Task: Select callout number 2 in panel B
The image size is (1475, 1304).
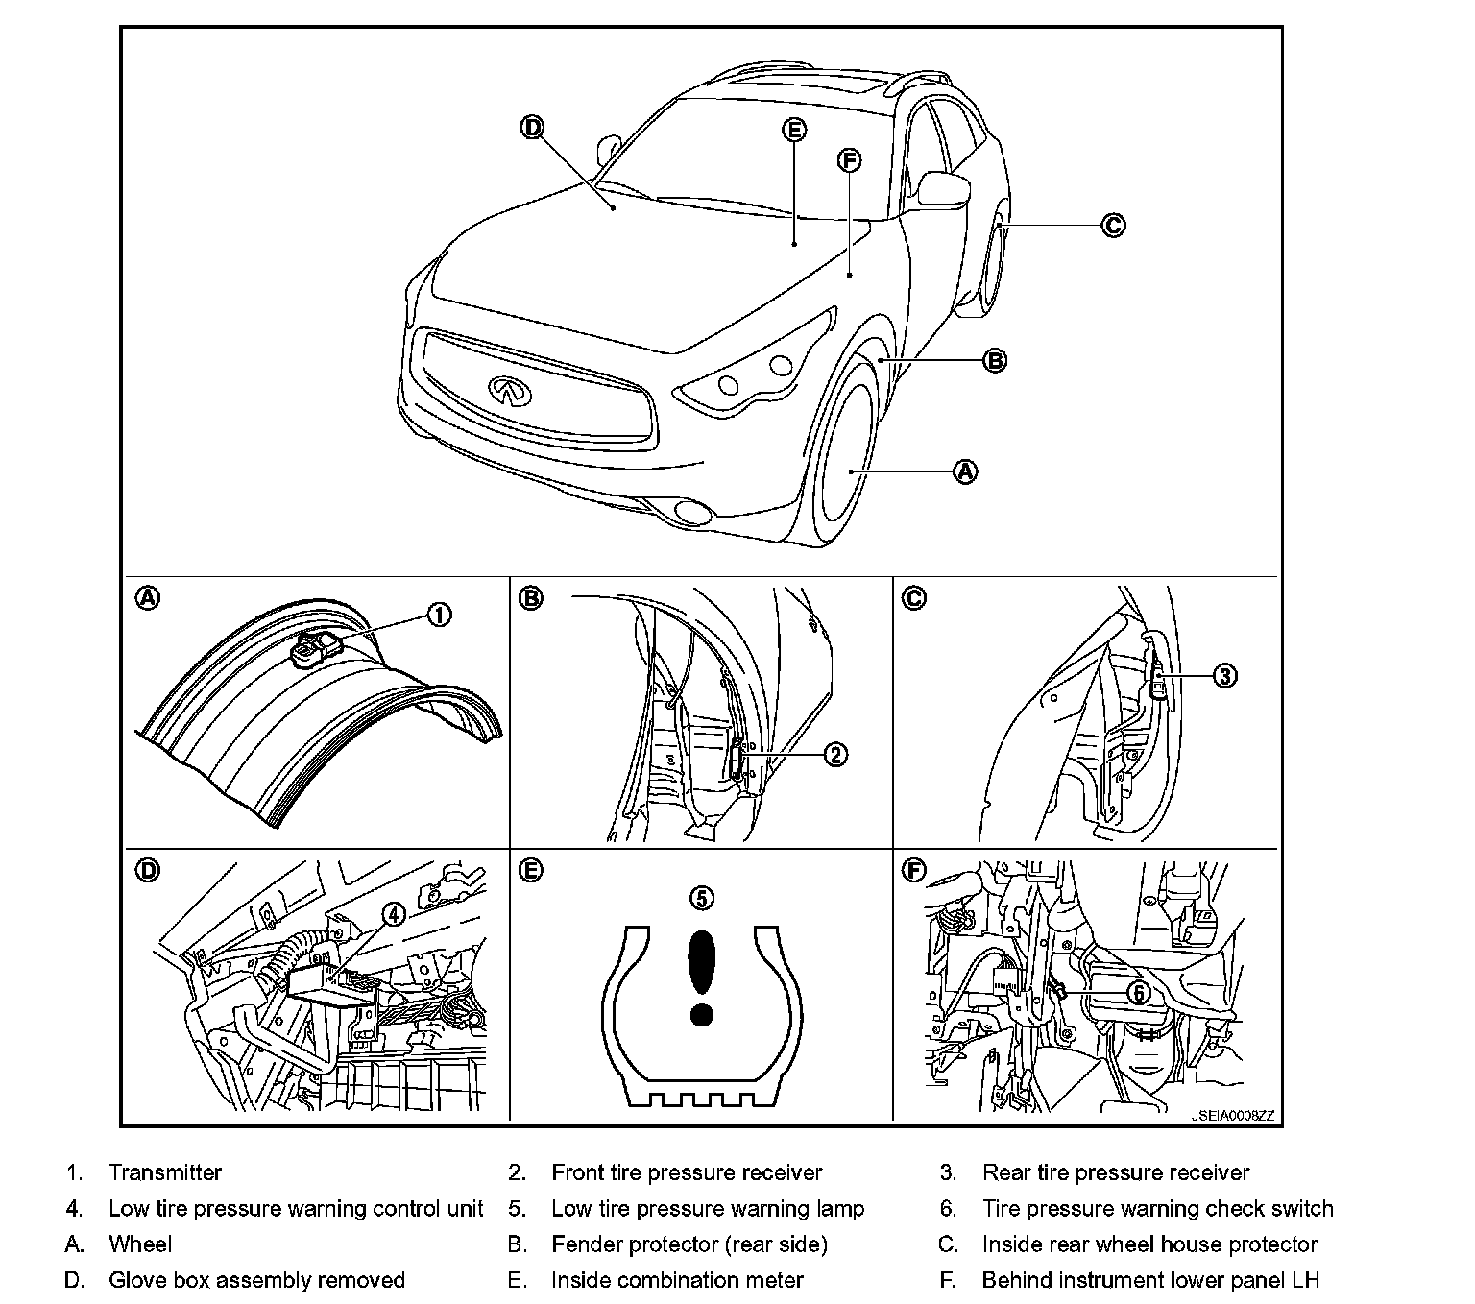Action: pos(835,755)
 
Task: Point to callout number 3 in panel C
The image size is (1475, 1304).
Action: pos(1224,676)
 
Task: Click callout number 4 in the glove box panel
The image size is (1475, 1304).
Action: pos(394,915)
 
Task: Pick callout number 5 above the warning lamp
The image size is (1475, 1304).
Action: pos(702,898)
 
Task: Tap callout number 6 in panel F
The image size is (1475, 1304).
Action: pos(1138,993)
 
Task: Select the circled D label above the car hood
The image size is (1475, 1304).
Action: pos(533,127)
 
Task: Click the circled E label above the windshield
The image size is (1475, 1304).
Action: pos(794,130)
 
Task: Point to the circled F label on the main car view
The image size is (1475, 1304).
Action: pos(849,160)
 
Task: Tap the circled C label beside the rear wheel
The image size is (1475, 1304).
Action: pos(1112,226)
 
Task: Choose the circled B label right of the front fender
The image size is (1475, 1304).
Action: pos(996,361)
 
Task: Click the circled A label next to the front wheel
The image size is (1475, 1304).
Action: pos(965,471)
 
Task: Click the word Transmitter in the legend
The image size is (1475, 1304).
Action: pos(165,1172)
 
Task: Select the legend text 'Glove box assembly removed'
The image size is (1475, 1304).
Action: pos(256,1280)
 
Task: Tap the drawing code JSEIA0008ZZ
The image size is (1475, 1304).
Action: pos(1233,1116)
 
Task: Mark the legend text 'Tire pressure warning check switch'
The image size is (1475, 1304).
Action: pos(1157,1208)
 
